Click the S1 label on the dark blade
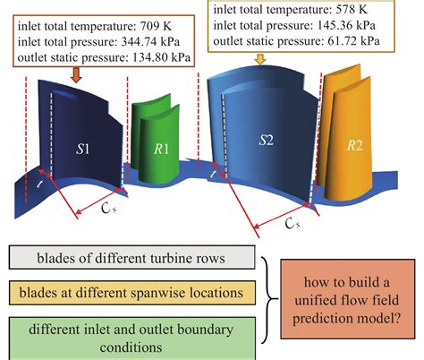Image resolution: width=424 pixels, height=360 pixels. coord(82,149)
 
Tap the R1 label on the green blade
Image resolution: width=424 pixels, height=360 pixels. coord(161,149)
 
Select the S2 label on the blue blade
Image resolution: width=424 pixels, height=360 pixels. coord(266,140)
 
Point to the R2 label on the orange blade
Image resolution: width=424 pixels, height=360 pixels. coord(355,145)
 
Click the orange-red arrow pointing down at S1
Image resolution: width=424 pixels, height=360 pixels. coord(77,75)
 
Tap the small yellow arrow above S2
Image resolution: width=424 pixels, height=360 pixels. coord(260,59)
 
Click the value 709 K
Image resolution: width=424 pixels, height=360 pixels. coord(156,26)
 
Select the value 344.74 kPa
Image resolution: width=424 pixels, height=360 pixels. coord(150,42)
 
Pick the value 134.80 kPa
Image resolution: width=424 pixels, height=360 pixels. coord(161,57)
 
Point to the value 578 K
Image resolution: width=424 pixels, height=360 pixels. coord(352,10)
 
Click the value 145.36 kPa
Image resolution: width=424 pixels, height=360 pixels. coord(346,25)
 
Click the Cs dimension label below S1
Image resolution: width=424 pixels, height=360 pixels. coord(108,208)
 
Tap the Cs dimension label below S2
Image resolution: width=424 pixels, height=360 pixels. coord(293,223)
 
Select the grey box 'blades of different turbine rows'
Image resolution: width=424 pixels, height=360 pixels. coord(131,257)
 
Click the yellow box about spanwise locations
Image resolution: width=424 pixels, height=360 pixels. coord(132,293)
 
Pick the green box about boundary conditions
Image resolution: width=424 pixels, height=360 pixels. coord(132,339)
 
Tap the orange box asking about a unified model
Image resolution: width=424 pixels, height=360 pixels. coord(347,299)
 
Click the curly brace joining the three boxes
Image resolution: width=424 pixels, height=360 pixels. coord(271,298)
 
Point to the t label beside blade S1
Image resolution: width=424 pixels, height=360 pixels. coord(39,184)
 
